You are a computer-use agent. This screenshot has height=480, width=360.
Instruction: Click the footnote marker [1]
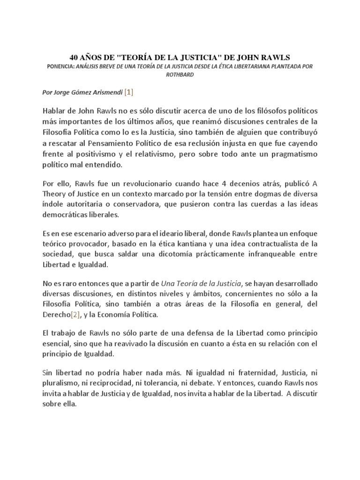click(128, 92)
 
